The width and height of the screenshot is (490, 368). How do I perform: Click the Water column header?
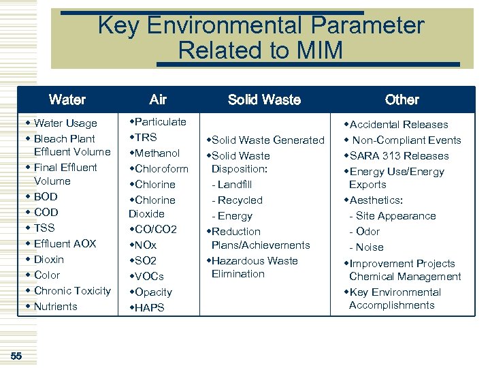tap(67, 99)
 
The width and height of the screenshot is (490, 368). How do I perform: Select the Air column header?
tap(158, 99)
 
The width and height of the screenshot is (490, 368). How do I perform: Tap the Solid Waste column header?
tap(264, 99)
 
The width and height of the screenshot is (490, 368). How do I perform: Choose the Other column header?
tap(402, 99)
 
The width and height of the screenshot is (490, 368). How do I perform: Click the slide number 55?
tap(16, 356)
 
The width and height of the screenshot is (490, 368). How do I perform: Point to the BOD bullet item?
tap(46, 197)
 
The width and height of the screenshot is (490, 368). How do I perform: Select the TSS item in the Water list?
tap(44, 228)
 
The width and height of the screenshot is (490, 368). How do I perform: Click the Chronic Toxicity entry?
tap(72, 291)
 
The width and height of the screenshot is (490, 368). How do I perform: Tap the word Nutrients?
tap(56, 307)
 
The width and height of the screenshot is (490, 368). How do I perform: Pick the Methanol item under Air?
tap(157, 153)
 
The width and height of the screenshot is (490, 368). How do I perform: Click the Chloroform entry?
tap(162, 169)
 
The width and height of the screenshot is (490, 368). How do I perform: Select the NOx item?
tap(146, 245)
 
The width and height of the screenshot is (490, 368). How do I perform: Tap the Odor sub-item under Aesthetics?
tap(368, 232)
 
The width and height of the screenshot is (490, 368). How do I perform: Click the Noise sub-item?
tap(370, 247)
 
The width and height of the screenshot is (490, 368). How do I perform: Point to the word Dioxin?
tap(48, 260)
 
